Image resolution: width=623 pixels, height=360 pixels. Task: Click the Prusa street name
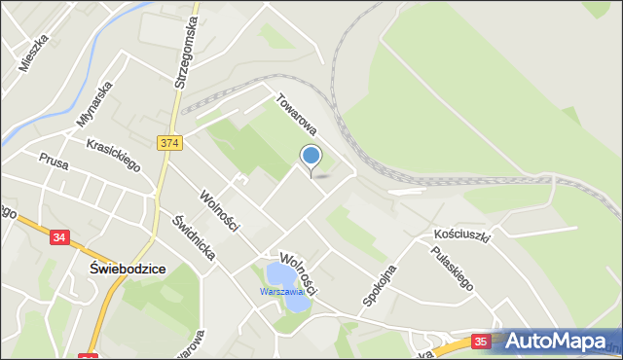click(53, 160)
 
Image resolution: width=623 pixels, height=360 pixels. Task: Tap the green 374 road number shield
click(168, 143)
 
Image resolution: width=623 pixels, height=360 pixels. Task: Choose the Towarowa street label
click(297, 114)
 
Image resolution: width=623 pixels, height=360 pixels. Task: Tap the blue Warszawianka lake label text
click(282, 291)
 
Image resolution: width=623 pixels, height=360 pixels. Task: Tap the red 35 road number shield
click(481, 342)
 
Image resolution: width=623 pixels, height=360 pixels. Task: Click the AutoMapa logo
click(557, 341)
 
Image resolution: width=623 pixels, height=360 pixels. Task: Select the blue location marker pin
click(311, 157)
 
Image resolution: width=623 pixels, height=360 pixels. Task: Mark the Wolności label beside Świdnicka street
click(219, 208)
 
